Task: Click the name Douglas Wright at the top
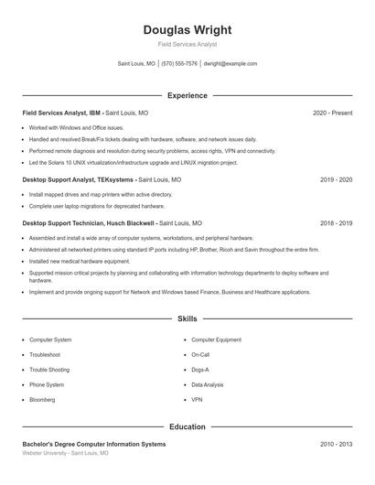coord(187,29)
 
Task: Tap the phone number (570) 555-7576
coord(179,64)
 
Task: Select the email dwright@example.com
coord(230,64)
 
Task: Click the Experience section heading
coord(187,95)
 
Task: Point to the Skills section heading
coord(187,319)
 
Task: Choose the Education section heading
coord(187,426)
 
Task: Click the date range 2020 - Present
coord(332,113)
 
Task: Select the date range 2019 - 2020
coord(336,180)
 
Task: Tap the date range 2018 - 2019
coord(336,222)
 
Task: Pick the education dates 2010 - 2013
coord(336,444)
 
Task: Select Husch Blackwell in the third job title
coord(124,222)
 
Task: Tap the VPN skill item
coord(197,400)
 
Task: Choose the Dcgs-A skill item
coord(200,370)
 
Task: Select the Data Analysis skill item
coord(207,385)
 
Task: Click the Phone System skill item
coord(47,385)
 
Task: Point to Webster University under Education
coord(45,453)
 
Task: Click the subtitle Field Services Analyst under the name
coord(187,44)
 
